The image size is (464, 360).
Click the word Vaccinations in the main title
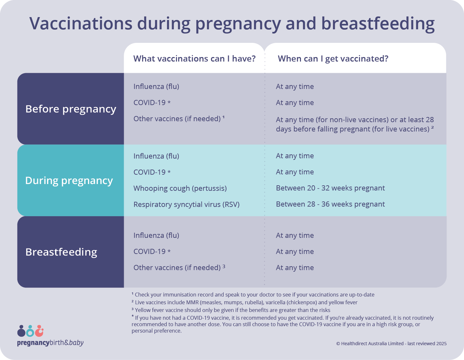tap(81, 24)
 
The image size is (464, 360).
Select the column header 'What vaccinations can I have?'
tap(194, 59)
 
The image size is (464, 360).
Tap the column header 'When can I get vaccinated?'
tap(333, 59)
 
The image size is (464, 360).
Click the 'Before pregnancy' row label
tap(71, 109)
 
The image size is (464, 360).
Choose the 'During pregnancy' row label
tap(69, 180)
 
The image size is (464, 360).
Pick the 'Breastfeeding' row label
tap(61, 252)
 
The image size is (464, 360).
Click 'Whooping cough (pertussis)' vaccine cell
tap(180, 188)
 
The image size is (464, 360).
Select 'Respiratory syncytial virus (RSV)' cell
tap(186, 204)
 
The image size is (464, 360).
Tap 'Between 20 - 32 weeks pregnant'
tap(330, 188)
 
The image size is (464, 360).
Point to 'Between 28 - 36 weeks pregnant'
tap(330, 204)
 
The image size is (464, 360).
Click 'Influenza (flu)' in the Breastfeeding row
tap(156, 236)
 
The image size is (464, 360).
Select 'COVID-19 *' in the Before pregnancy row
tap(152, 103)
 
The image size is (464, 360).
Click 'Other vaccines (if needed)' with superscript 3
tap(179, 268)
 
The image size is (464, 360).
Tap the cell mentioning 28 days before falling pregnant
tap(354, 124)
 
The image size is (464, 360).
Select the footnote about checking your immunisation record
tap(253, 295)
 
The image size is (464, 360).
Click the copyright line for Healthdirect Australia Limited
tap(391, 344)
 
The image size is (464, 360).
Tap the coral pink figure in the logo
tap(39, 331)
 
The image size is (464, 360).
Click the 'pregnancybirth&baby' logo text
tap(50, 343)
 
